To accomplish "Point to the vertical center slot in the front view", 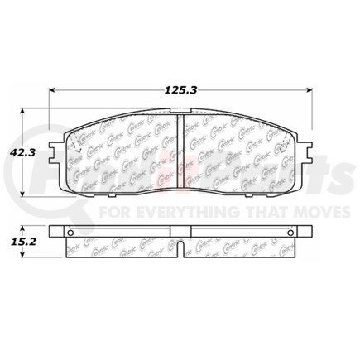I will tap(182, 149).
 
